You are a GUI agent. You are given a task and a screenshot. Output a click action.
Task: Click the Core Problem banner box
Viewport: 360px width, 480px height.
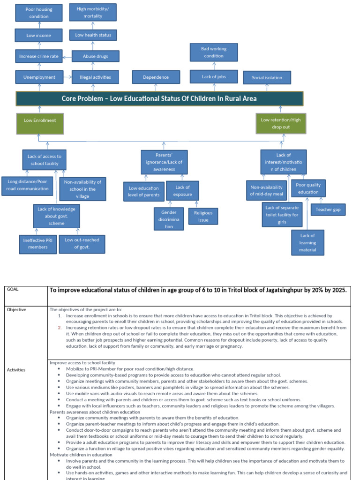click(159, 99)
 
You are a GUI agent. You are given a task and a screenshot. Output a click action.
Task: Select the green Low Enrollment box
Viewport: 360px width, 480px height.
click(40, 124)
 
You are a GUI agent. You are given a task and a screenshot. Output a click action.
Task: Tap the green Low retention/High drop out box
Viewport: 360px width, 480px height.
click(281, 123)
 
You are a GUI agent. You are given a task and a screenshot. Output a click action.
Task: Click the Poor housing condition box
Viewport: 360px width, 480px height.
click(39, 13)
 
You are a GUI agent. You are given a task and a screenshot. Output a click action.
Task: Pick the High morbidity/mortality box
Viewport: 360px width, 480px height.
click(93, 12)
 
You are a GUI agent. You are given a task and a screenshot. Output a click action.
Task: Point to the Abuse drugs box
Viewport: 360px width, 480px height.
click(95, 56)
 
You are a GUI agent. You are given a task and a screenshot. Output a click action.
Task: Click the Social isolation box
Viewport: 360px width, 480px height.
click(267, 77)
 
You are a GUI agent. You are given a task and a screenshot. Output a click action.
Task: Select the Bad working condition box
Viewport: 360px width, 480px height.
click(213, 52)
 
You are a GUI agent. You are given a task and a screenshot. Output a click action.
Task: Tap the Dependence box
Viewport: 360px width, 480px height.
click(156, 77)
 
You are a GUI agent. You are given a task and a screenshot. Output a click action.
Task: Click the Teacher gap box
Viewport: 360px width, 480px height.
click(328, 210)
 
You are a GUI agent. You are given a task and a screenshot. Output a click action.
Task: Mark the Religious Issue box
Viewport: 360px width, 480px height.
click(203, 216)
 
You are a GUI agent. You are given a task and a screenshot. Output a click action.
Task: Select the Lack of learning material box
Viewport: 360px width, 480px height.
click(307, 243)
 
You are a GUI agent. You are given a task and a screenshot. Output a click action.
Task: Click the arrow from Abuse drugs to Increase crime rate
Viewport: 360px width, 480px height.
click(67, 57)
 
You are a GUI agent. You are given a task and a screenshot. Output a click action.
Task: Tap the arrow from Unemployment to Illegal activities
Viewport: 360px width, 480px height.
click(67, 77)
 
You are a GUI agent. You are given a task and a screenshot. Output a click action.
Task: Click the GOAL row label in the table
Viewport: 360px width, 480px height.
click(12, 290)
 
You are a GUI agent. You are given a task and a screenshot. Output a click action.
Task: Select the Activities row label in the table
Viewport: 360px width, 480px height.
click(16, 370)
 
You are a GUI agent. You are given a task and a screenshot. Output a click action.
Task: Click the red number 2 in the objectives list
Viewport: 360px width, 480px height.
click(60, 328)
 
